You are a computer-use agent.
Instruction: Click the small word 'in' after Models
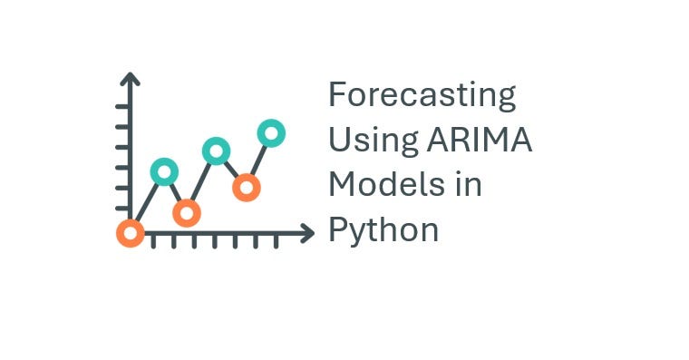469,184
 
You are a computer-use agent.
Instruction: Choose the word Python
383,229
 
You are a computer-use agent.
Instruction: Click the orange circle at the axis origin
131,233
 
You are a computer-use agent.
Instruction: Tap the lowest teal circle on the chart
164,171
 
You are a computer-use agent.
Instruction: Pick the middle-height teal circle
216,151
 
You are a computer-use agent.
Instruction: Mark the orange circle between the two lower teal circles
187,213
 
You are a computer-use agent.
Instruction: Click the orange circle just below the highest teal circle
246,188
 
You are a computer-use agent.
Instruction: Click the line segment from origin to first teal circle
147,202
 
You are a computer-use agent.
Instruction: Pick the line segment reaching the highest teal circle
258,161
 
